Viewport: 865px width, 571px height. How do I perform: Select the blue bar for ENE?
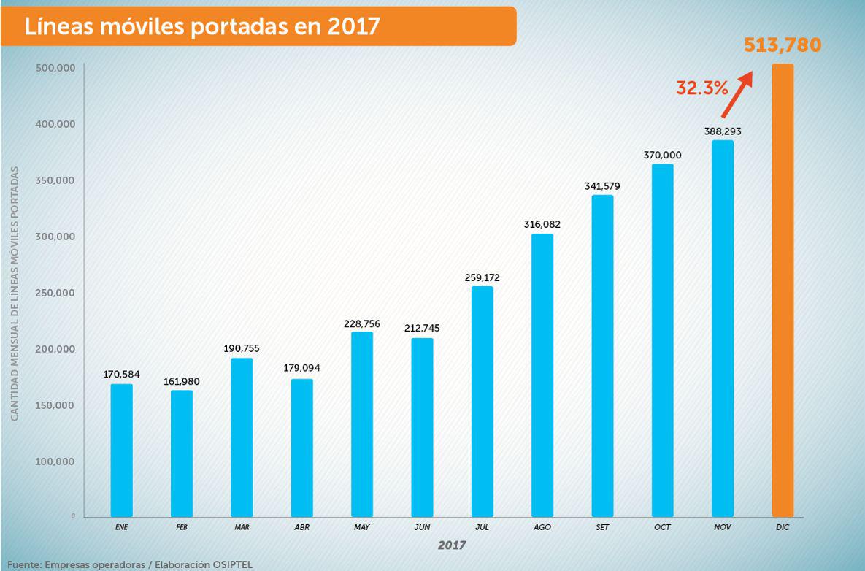coord(122,450)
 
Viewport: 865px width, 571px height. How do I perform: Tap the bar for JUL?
coord(483,401)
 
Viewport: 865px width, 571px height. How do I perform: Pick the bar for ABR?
coord(302,447)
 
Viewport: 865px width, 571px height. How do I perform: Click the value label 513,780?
coord(783,45)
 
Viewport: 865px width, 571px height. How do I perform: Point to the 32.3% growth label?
coord(701,88)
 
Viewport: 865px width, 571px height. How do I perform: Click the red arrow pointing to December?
coord(737,93)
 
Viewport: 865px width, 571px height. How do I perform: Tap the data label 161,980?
coord(182,381)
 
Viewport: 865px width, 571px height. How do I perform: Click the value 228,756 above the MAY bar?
coord(362,322)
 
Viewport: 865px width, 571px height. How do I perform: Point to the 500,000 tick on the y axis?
coord(56,68)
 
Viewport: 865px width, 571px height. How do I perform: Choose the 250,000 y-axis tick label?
coord(56,293)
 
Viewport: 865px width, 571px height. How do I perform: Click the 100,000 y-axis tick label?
coord(56,461)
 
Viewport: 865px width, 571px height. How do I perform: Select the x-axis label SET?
coord(602,526)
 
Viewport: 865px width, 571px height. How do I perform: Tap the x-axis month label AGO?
coord(542,526)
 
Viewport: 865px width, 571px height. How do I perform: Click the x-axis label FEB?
coord(182,526)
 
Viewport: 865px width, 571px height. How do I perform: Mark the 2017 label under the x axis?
coord(452,545)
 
